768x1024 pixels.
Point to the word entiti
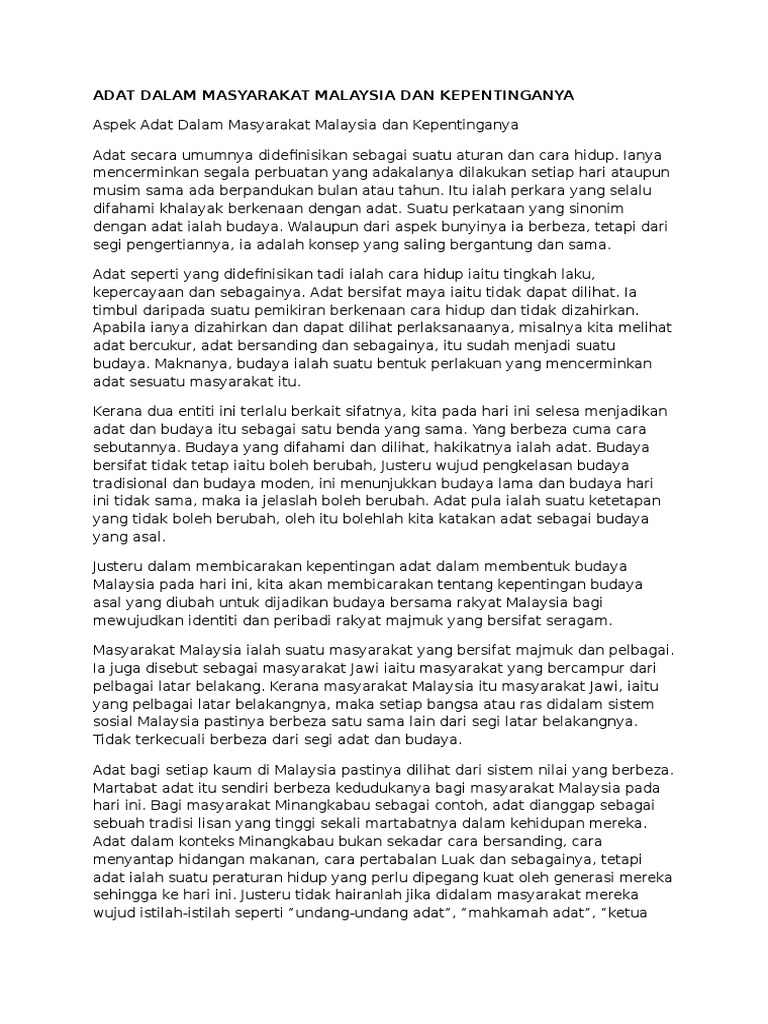[204, 411]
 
